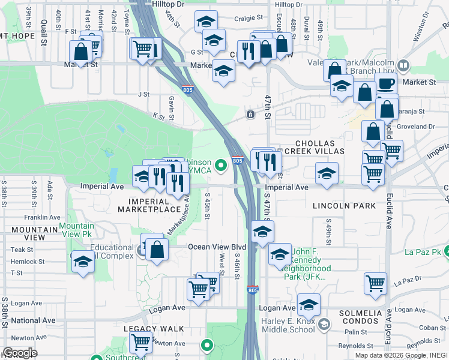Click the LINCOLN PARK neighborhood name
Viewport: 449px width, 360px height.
[344, 206]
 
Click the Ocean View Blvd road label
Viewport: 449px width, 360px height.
[217, 247]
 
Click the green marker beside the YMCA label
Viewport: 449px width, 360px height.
[221, 164]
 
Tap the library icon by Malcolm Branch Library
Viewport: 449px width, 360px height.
[403, 65]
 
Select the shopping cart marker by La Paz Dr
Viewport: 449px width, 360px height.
[376, 282]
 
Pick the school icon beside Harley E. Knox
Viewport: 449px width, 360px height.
[324, 325]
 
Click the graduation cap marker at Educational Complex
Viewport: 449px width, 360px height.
[83, 262]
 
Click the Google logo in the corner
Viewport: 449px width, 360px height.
[20, 353]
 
